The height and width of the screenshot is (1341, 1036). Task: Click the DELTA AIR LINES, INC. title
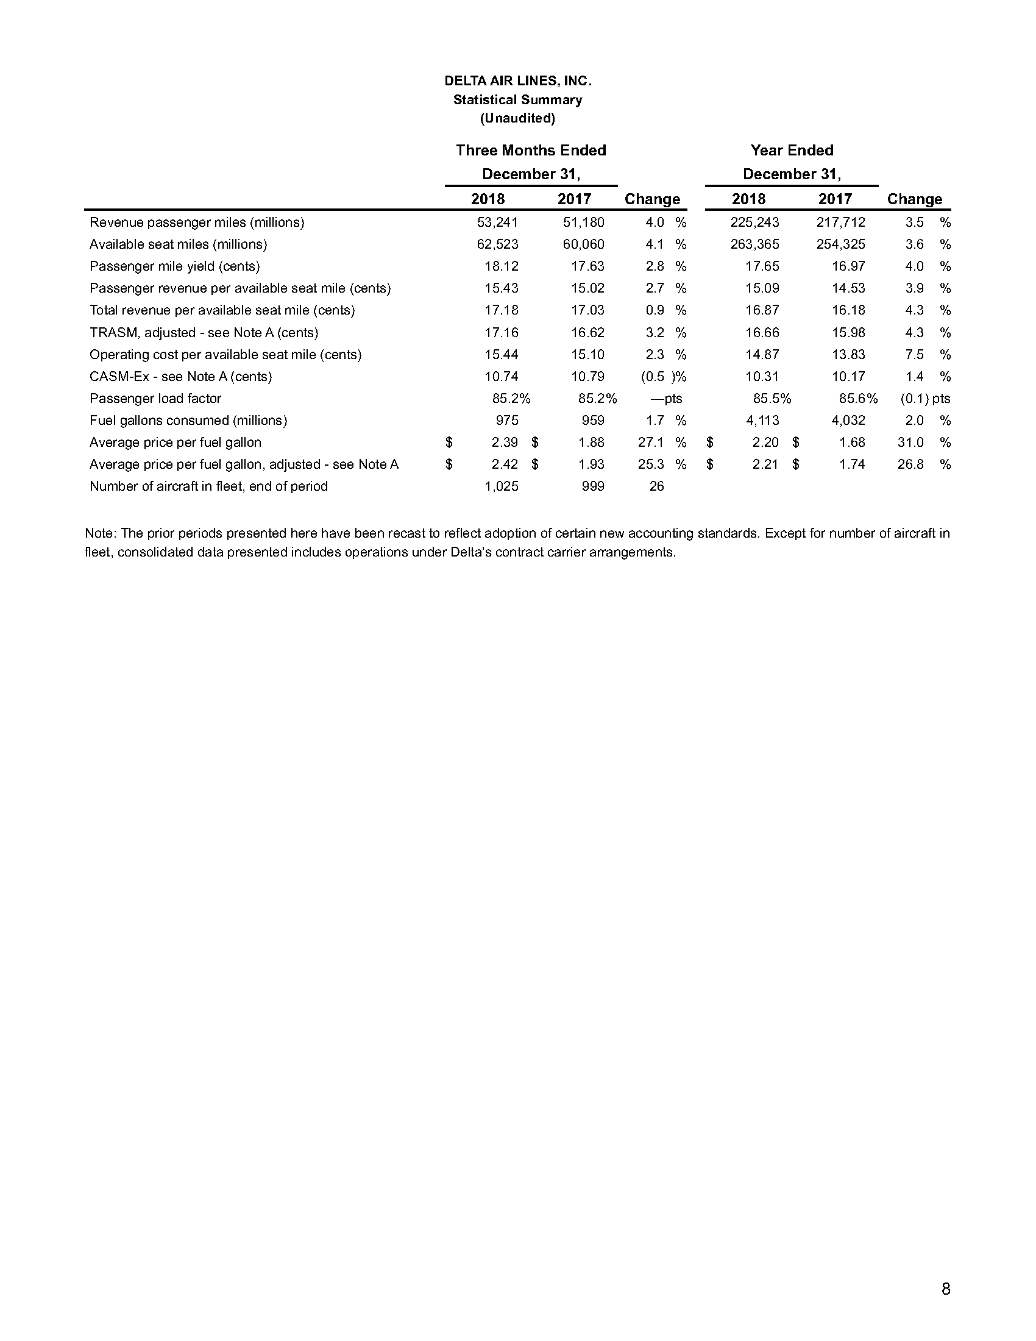click(517, 81)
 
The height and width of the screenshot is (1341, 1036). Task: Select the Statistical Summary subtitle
click(517, 99)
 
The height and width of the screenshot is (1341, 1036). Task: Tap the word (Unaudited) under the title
click(517, 118)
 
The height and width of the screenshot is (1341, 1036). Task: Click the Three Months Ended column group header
click(531, 151)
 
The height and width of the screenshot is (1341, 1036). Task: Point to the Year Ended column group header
click(792, 151)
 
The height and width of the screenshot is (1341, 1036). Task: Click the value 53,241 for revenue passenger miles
click(498, 222)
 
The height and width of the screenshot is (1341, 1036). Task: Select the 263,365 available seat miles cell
click(755, 244)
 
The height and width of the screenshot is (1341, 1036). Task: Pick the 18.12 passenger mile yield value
click(502, 266)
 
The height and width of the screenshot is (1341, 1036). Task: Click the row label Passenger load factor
click(155, 399)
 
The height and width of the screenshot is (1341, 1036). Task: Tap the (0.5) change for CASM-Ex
click(655, 376)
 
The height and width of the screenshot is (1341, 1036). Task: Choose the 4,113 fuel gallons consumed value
click(759, 421)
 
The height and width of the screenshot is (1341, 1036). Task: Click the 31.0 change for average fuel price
click(911, 443)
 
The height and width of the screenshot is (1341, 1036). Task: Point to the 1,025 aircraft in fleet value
click(502, 486)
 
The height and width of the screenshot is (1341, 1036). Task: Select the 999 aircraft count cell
click(593, 486)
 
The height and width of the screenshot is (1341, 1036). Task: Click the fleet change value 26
click(657, 486)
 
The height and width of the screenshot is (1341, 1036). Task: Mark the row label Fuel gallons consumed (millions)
click(188, 421)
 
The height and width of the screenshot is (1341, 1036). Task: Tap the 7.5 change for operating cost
click(915, 355)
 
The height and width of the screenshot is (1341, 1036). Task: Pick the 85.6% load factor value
click(858, 399)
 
